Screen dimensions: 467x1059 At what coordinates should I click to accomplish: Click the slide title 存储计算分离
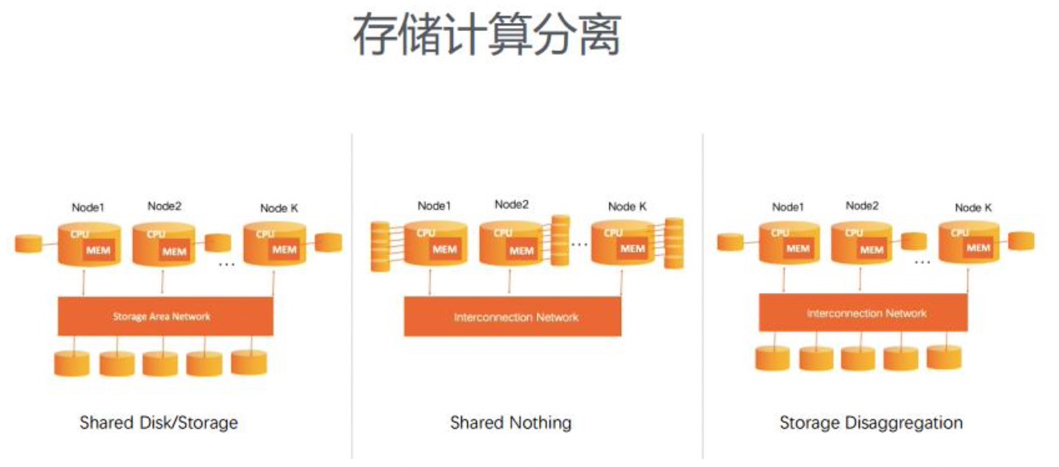486,35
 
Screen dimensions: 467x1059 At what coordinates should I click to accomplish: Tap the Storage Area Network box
166,316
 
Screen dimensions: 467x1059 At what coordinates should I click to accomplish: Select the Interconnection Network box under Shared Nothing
513,317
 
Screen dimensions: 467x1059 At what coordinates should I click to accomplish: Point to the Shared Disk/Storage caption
159,422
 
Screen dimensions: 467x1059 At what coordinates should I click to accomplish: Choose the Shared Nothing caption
510,422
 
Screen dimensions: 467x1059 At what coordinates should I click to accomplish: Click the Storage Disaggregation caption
871,422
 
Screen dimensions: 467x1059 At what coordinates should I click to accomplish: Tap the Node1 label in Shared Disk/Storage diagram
89,208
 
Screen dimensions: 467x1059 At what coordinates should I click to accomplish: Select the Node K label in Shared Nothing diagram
627,207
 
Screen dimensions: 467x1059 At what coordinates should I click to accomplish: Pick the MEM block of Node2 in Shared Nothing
522,250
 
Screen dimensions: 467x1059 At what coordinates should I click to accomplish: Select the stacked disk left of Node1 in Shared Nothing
380,246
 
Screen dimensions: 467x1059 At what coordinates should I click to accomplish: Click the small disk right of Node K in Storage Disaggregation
1022,241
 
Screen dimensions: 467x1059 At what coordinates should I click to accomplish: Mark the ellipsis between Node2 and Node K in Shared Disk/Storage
226,264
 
